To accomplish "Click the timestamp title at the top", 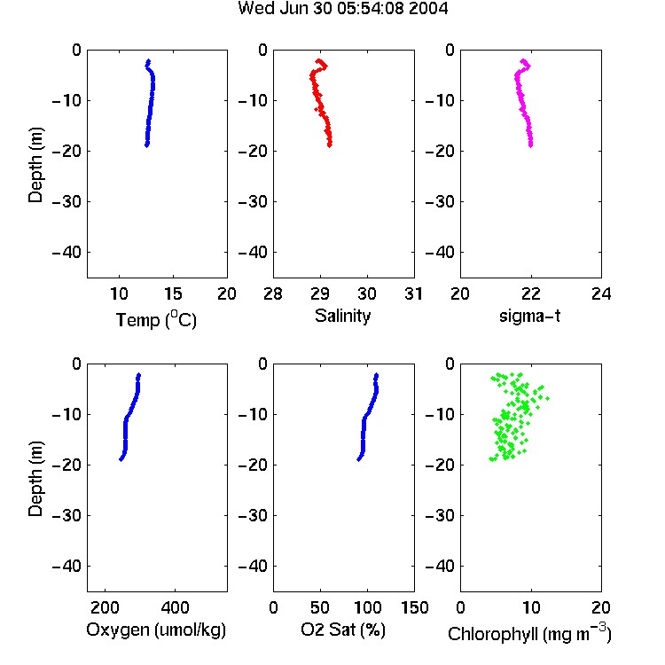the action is (x=342, y=8).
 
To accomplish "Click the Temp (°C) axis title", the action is (x=156, y=319).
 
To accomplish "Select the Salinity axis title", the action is (x=342, y=317).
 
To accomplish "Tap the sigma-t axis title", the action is (x=529, y=317).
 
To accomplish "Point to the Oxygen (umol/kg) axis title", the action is (x=156, y=630).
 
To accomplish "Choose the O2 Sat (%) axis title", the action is (x=342, y=630).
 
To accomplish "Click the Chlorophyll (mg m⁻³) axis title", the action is (x=529, y=633).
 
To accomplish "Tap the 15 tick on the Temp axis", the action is (x=173, y=293).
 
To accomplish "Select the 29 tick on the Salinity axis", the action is (x=320, y=293).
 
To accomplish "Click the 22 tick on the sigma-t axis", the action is (x=530, y=293).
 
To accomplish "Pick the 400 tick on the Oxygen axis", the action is (x=175, y=607).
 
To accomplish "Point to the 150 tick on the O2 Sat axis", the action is (x=414, y=607).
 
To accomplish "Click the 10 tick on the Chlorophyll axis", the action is (x=530, y=607).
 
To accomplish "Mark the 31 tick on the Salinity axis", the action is (x=413, y=293).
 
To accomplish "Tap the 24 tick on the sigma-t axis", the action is (x=601, y=293).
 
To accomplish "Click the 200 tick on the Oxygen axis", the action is (x=105, y=607).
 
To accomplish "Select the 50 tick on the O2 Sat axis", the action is (x=320, y=607).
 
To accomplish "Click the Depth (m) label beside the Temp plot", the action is (x=35, y=165).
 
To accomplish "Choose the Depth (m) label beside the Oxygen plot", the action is (x=35, y=479).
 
